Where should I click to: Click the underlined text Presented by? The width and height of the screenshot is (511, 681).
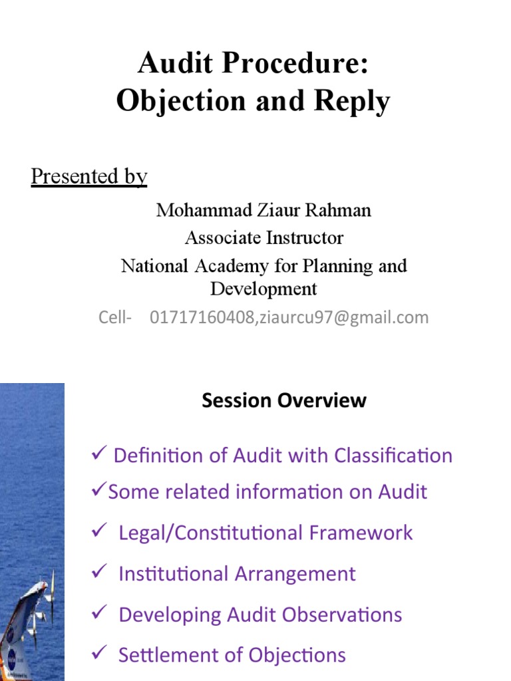(x=88, y=176)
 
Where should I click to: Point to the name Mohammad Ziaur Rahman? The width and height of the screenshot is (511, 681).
(x=263, y=211)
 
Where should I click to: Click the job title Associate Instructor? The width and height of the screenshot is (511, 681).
(x=263, y=237)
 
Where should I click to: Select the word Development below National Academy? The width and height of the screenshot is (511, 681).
(x=263, y=289)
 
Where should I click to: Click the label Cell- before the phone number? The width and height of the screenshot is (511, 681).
(x=115, y=318)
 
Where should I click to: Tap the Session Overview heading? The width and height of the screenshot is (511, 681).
(x=284, y=400)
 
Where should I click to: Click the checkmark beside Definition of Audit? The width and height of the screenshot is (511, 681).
(x=98, y=454)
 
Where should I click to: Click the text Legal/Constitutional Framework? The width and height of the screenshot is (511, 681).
(x=265, y=533)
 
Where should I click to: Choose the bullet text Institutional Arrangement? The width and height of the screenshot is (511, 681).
(x=237, y=574)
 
